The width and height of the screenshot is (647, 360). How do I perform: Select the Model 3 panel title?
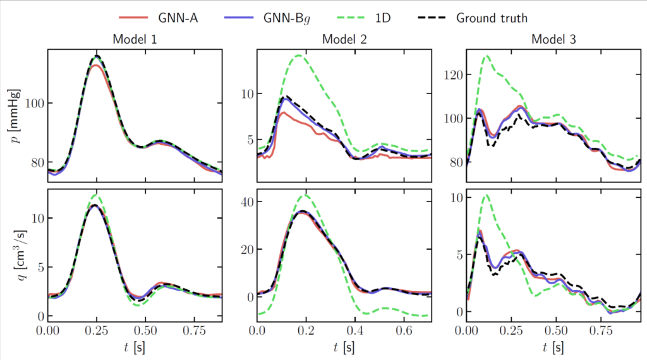click(553, 40)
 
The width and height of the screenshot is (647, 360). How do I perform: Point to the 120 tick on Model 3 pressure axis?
click(452, 75)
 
